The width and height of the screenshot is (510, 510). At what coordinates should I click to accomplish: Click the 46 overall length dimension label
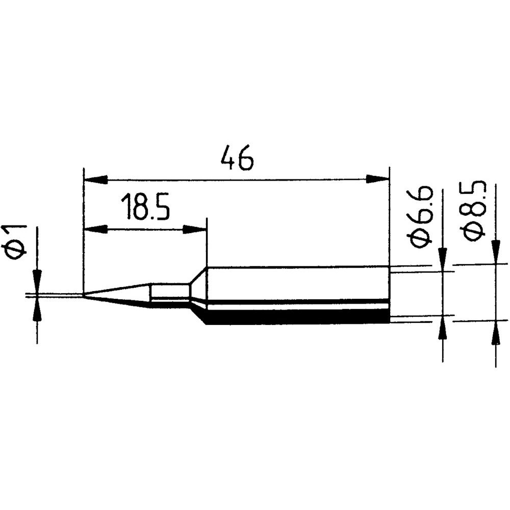point(236,159)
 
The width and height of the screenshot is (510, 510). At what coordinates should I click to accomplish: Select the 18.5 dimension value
point(145,207)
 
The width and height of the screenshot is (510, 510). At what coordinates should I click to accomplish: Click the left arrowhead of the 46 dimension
point(96,179)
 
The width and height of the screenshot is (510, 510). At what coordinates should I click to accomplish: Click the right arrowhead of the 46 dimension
point(377,179)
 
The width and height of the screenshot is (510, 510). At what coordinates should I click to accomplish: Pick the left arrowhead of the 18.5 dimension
point(96,229)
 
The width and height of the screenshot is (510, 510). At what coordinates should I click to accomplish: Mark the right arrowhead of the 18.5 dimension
point(194,229)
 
